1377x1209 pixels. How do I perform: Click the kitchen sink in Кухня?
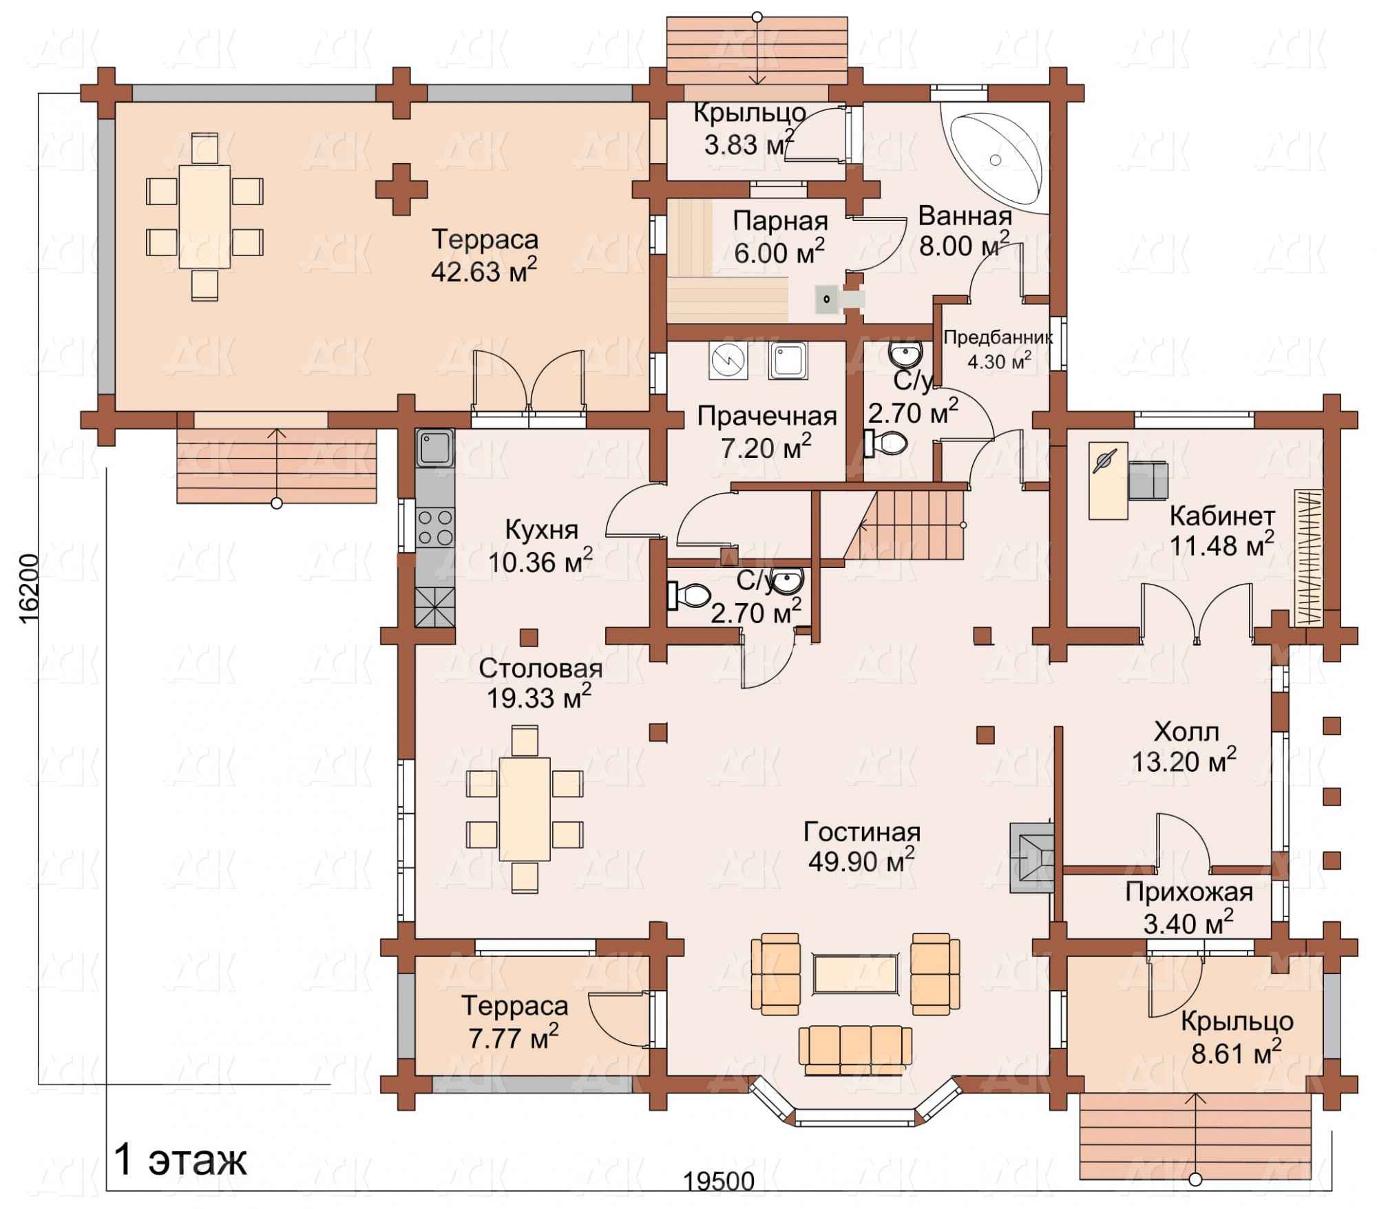[434, 448]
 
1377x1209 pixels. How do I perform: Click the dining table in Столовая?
[525, 808]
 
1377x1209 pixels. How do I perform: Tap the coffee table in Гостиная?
[855, 974]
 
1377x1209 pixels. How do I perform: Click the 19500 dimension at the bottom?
[719, 1181]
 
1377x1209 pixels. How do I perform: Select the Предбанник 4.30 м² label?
[998, 349]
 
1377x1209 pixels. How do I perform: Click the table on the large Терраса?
[204, 216]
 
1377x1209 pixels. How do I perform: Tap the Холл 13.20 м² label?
[1186, 746]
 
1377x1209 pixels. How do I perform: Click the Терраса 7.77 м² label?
[514, 1021]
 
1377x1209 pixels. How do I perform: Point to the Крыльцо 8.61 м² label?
[1237, 1036]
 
